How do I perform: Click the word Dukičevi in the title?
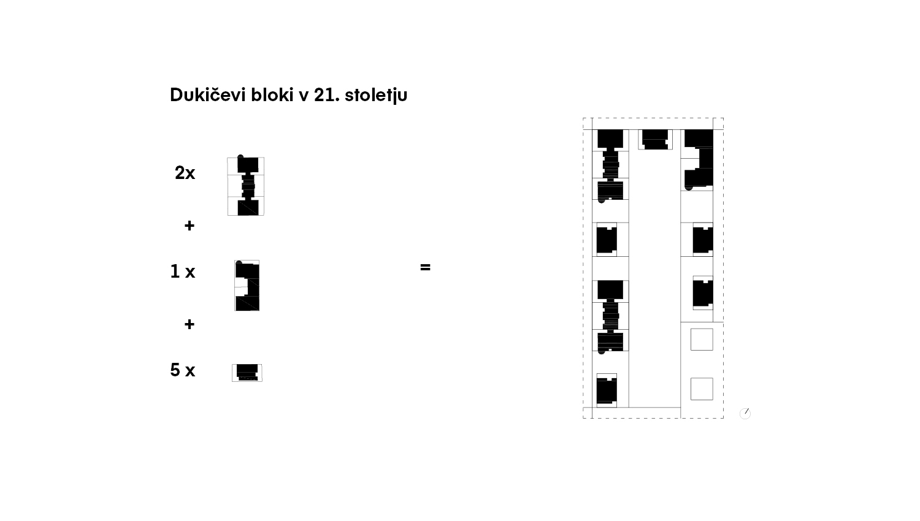click(x=207, y=94)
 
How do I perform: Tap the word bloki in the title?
click(x=272, y=94)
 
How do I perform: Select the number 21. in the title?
click(x=326, y=95)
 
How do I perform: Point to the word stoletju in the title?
click(x=376, y=95)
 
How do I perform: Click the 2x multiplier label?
click(x=185, y=173)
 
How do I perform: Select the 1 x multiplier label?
click(x=182, y=272)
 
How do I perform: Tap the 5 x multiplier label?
click(x=182, y=370)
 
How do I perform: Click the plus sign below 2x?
click(x=190, y=226)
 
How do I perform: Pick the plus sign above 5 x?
click(x=190, y=324)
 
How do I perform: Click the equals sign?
click(x=425, y=267)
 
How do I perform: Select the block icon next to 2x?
click(x=246, y=186)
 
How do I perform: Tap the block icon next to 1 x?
click(x=247, y=286)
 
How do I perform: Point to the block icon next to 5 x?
click(x=247, y=373)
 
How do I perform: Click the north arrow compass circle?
click(x=745, y=414)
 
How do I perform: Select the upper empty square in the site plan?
click(x=702, y=340)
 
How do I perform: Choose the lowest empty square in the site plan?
click(x=702, y=389)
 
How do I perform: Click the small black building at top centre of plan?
click(x=655, y=139)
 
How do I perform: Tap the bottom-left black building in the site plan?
click(x=607, y=390)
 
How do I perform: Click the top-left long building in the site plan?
click(x=610, y=165)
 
